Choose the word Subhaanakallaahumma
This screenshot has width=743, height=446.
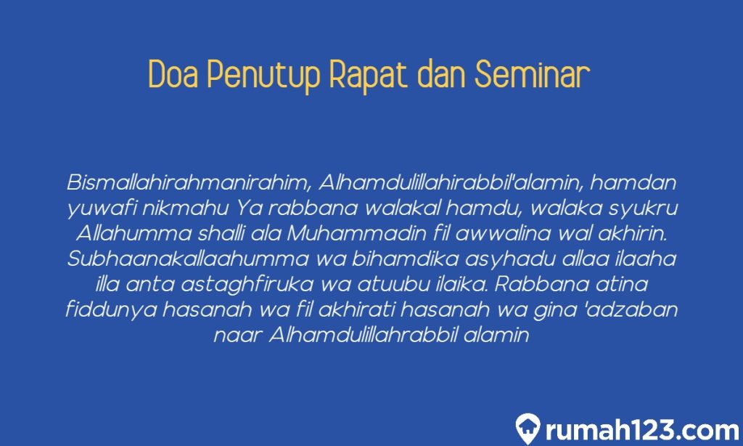click(187, 260)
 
